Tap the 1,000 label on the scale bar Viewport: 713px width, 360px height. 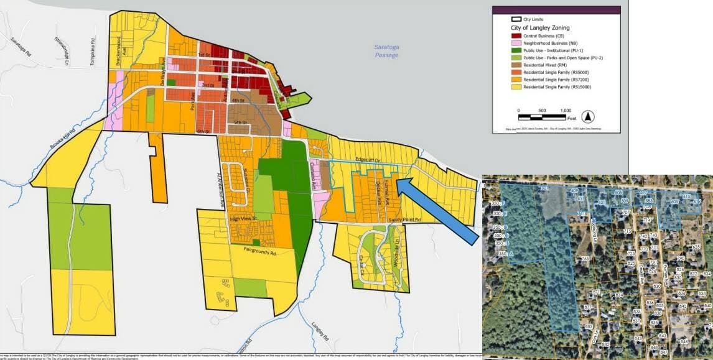click(565, 110)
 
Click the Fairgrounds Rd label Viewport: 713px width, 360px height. click(264, 251)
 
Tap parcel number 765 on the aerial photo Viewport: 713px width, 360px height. click(585, 259)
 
